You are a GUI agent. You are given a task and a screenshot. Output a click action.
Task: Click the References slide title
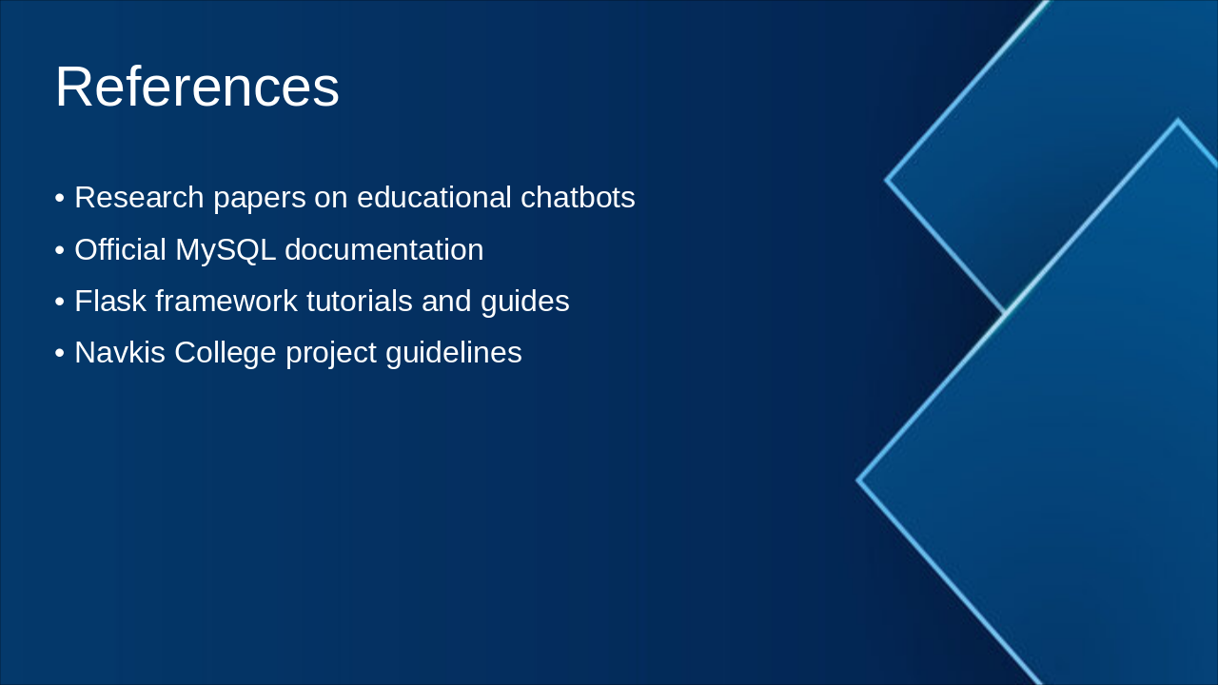197,87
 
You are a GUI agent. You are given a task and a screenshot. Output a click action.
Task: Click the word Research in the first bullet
139,197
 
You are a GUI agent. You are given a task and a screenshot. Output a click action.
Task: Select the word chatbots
578,197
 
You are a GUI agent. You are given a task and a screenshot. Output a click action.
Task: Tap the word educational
434,197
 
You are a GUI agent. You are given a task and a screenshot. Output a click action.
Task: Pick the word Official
120,249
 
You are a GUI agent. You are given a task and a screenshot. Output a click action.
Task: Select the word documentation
383,249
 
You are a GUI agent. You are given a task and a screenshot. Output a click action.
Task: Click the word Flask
110,301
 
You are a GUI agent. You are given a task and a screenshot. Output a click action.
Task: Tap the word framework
226,301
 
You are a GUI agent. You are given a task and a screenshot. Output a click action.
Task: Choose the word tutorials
360,301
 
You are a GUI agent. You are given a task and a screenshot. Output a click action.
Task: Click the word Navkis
120,352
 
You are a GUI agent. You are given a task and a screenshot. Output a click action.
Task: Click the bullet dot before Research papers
60,198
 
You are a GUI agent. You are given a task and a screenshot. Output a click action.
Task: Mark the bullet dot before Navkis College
60,353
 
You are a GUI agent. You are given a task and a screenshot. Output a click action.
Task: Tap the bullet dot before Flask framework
60,302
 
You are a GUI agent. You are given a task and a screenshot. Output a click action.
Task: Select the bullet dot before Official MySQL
60,250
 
